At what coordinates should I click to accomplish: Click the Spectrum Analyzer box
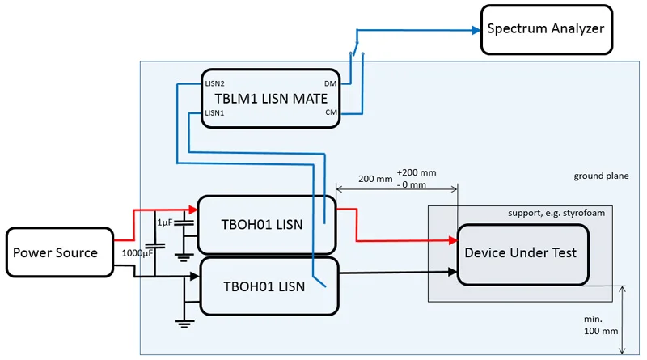point(546,29)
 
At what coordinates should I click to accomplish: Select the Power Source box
point(55,252)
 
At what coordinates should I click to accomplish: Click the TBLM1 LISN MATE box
point(270,99)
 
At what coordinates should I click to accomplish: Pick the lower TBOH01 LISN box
point(266,286)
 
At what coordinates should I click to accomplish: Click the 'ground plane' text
point(600,176)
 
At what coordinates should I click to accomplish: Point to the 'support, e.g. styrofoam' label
point(556,213)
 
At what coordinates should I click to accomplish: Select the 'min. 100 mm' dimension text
point(598,325)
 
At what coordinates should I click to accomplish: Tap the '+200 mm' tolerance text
point(417,172)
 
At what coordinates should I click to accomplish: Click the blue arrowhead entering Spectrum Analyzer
point(474,31)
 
